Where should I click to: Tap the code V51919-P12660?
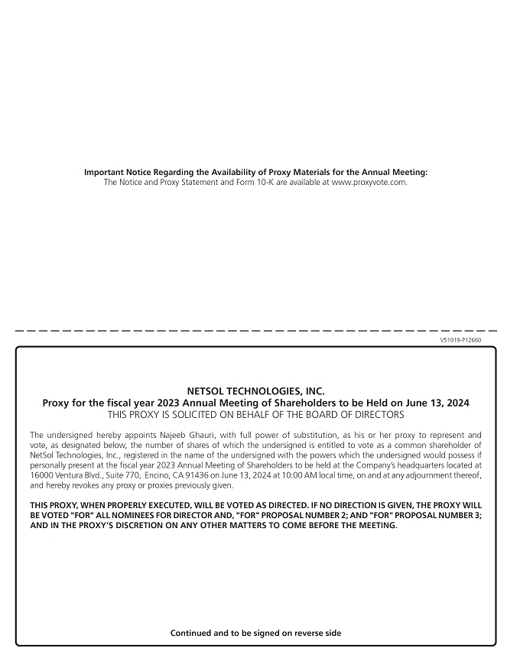pyautogui.click(x=461, y=339)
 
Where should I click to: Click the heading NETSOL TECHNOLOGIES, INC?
pyautogui.click(x=255, y=391)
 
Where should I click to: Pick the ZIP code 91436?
pyautogui.click(x=191, y=475)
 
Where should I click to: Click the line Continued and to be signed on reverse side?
pyautogui.click(x=255, y=633)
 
